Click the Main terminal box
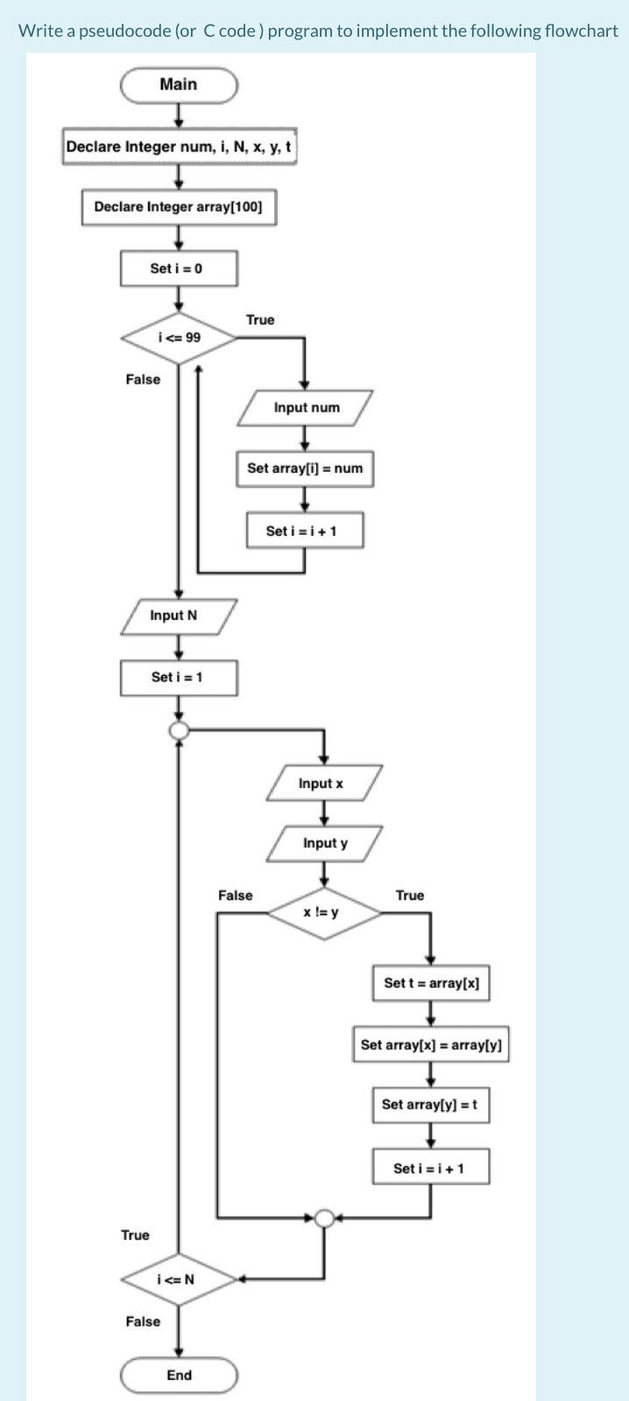(179, 85)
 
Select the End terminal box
(179, 1375)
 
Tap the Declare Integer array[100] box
(179, 208)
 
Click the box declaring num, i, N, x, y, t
(179, 146)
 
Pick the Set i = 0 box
(179, 268)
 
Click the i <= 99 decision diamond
(179, 337)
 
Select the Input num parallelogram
(306, 408)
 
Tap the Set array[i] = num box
(305, 468)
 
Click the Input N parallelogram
(179, 616)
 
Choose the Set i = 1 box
(179, 677)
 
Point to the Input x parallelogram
(324, 783)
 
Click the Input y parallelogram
(324, 843)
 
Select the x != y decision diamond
(324, 912)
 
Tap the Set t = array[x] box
(431, 983)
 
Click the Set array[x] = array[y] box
(431, 1045)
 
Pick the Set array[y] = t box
(431, 1105)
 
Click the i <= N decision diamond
(179, 1279)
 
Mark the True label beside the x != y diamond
(409, 895)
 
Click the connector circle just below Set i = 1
(179, 730)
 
